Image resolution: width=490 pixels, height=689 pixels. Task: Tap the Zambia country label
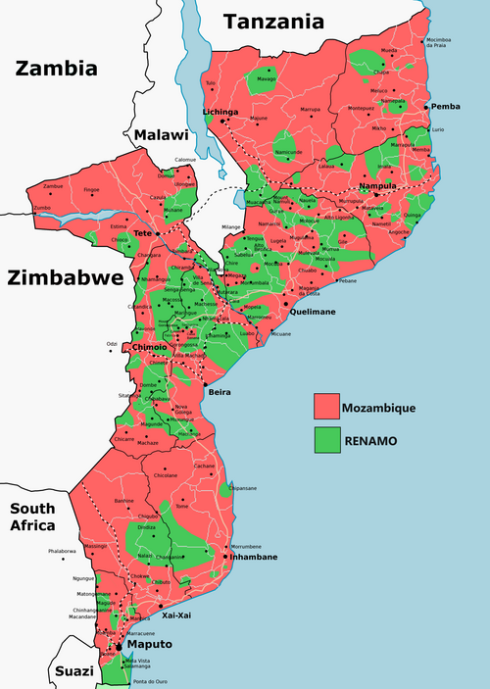click(55, 68)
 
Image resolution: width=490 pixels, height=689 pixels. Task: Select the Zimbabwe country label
click(65, 277)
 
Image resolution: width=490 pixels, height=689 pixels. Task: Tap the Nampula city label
click(376, 186)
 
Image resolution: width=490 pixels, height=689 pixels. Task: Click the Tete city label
click(144, 234)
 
